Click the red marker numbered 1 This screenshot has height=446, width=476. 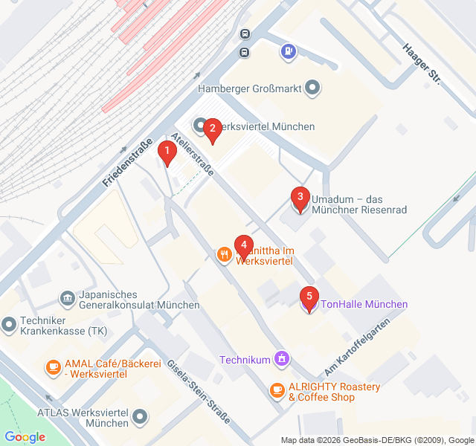tap(167, 154)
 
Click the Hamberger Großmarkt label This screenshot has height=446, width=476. tap(249, 88)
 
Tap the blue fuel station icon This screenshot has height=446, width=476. tap(288, 51)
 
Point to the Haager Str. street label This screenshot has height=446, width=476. tap(421, 62)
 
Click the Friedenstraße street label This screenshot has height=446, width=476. tap(128, 162)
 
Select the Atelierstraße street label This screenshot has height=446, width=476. tap(192, 153)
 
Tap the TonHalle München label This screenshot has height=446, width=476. tap(364, 304)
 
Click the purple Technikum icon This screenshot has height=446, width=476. tap(281, 360)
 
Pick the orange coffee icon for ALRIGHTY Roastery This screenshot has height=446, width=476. tap(277, 390)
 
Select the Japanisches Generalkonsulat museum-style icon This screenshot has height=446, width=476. tap(67, 298)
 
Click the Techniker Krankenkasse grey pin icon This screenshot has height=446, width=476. tap(9, 324)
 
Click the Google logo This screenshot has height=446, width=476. tap(25, 437)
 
